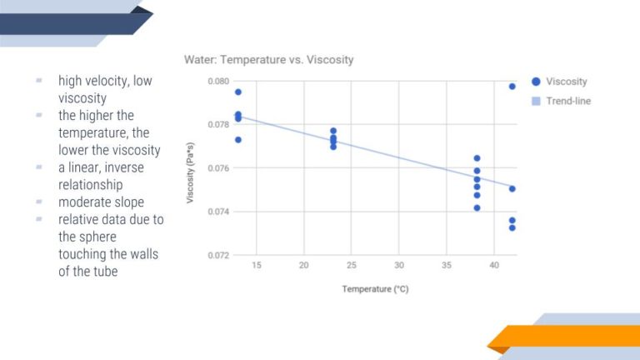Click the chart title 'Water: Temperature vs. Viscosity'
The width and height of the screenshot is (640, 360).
268,60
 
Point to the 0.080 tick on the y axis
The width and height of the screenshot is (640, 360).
218,82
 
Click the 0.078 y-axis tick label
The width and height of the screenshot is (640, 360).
218,125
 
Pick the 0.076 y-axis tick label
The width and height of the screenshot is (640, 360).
218,168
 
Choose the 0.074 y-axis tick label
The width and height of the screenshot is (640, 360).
218,212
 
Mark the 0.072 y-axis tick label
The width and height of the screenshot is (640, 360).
218,255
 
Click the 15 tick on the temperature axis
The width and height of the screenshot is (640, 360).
256,265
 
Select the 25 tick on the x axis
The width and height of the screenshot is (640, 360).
352,265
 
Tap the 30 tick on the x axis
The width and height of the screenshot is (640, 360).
399,265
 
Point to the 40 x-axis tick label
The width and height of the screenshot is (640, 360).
494,265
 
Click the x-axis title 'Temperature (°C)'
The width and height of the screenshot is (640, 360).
375,289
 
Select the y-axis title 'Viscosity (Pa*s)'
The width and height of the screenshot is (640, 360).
191,168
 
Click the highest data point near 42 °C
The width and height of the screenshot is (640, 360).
512,86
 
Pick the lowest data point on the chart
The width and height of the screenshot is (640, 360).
512,227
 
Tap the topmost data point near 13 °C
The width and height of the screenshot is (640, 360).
238,92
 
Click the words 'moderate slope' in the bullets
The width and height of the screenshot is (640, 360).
101,202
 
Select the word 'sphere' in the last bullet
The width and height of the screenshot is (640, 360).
100,237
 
